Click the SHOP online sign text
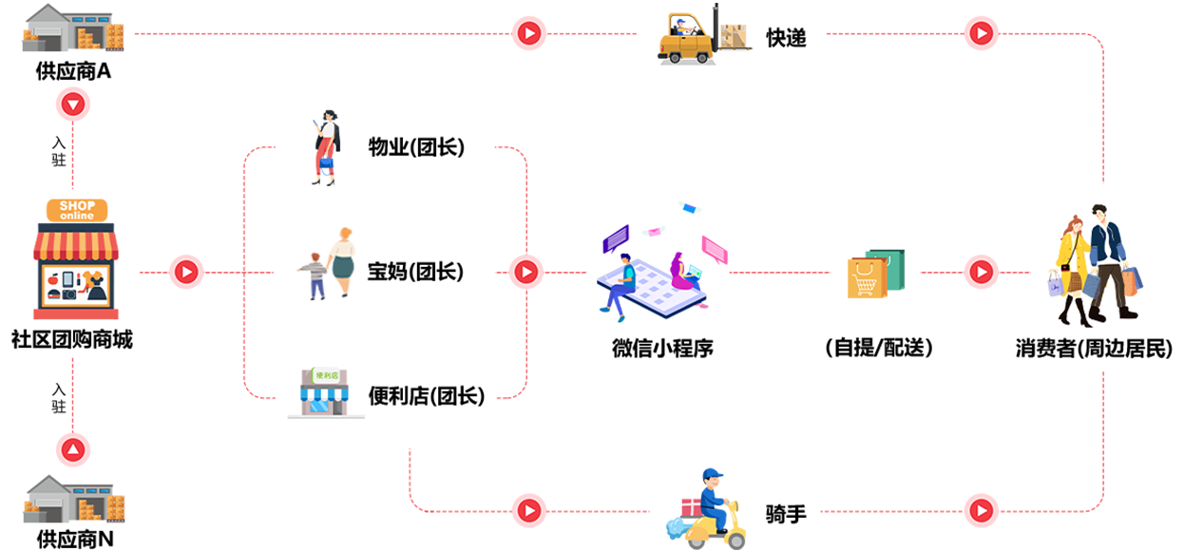point(78,210)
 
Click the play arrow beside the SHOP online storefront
point(186,272)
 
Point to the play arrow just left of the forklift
point(528,33)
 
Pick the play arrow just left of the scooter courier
point(528,511)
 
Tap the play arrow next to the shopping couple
point(981,273)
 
